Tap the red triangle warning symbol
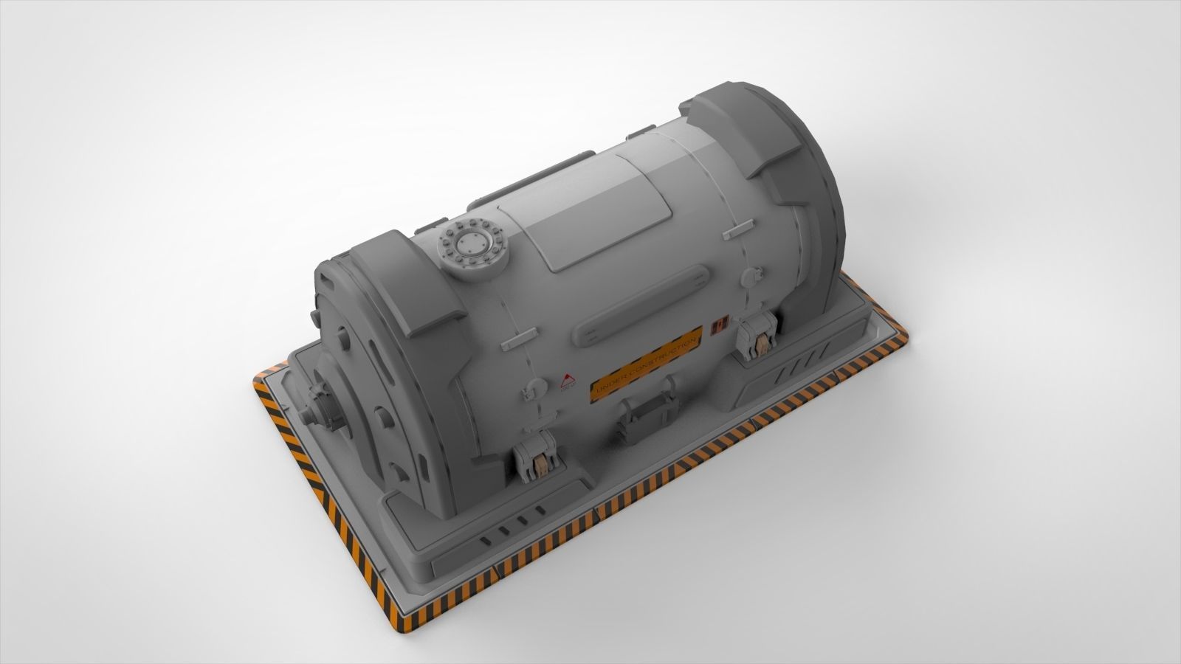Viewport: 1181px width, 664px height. (567, 381)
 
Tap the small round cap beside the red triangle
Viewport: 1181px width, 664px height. (528, 392)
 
